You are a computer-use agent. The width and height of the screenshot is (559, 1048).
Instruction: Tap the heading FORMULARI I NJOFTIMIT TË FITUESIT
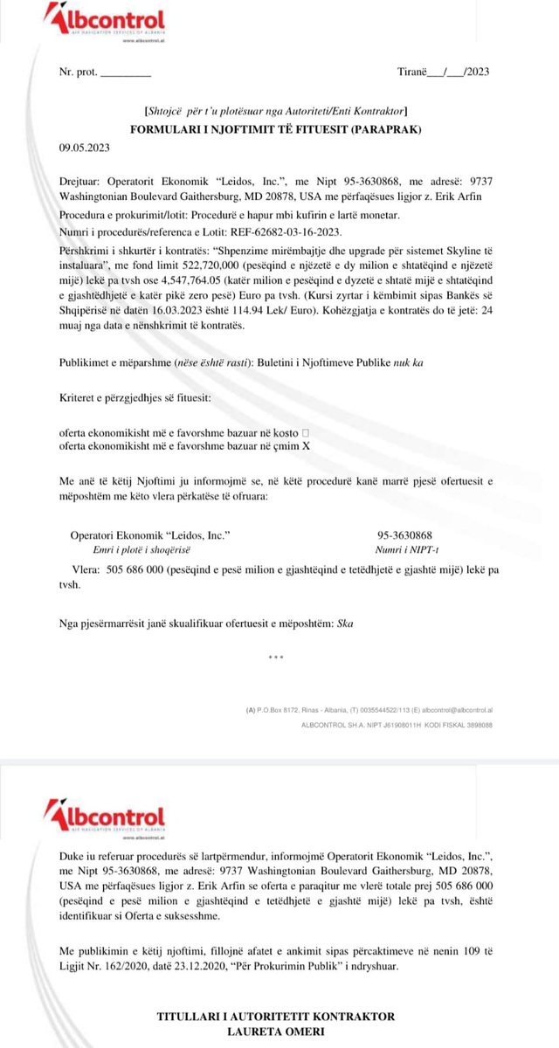click(275, 129)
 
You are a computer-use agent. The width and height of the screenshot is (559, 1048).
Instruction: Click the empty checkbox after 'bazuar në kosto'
click(305, 432)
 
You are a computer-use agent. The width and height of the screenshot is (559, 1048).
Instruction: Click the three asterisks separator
click(276, 657)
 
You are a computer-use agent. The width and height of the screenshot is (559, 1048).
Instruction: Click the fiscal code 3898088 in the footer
click(475, 725)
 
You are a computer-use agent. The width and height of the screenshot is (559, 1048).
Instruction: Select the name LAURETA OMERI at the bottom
click(275, 1031)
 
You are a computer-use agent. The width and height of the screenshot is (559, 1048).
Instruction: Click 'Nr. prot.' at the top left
click(77, 72)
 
